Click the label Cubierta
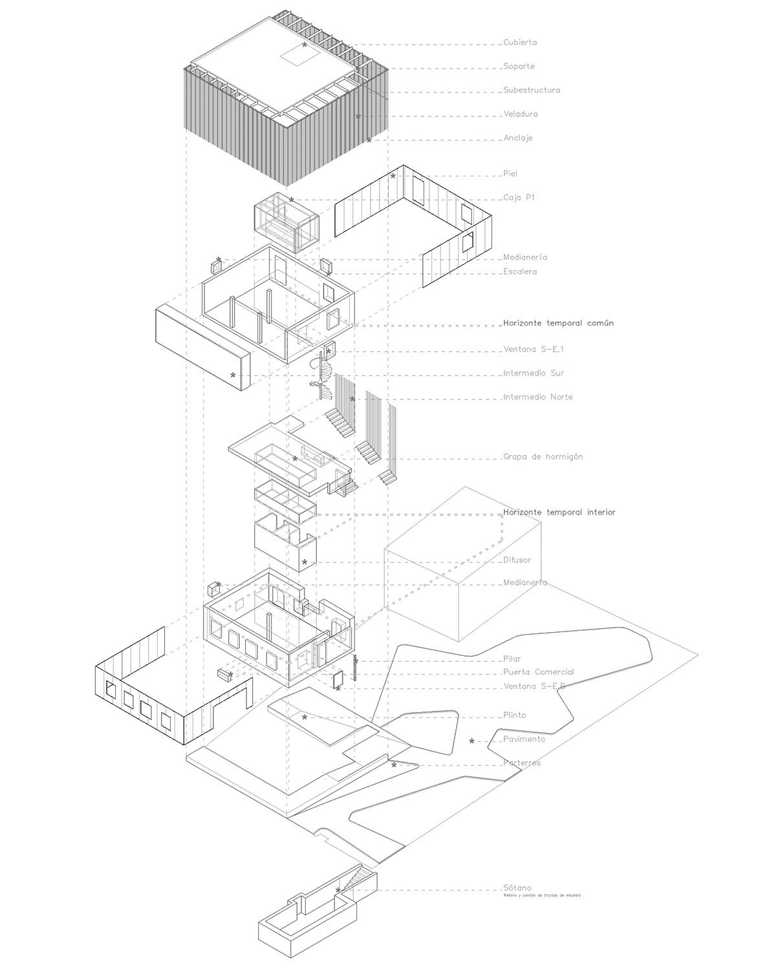[x=520, y=43]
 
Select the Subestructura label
[x=532, y=90]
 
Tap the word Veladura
[x=521, y=114]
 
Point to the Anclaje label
[x=518, y=138]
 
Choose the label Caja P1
[x=519, y=198]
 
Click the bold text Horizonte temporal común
[x=558, y=323]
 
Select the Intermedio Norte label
[x=537, y=397]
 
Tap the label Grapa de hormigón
[x=543, y=457]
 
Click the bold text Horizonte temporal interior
[x=559, y=513]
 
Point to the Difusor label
[x=517, y=560]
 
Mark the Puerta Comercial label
[x=538, y=672]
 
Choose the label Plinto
[x=515, y=715]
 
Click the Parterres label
[x=522, y=763]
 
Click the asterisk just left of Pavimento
[x=472, y=741]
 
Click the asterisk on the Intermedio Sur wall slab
[x=233, y=375]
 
